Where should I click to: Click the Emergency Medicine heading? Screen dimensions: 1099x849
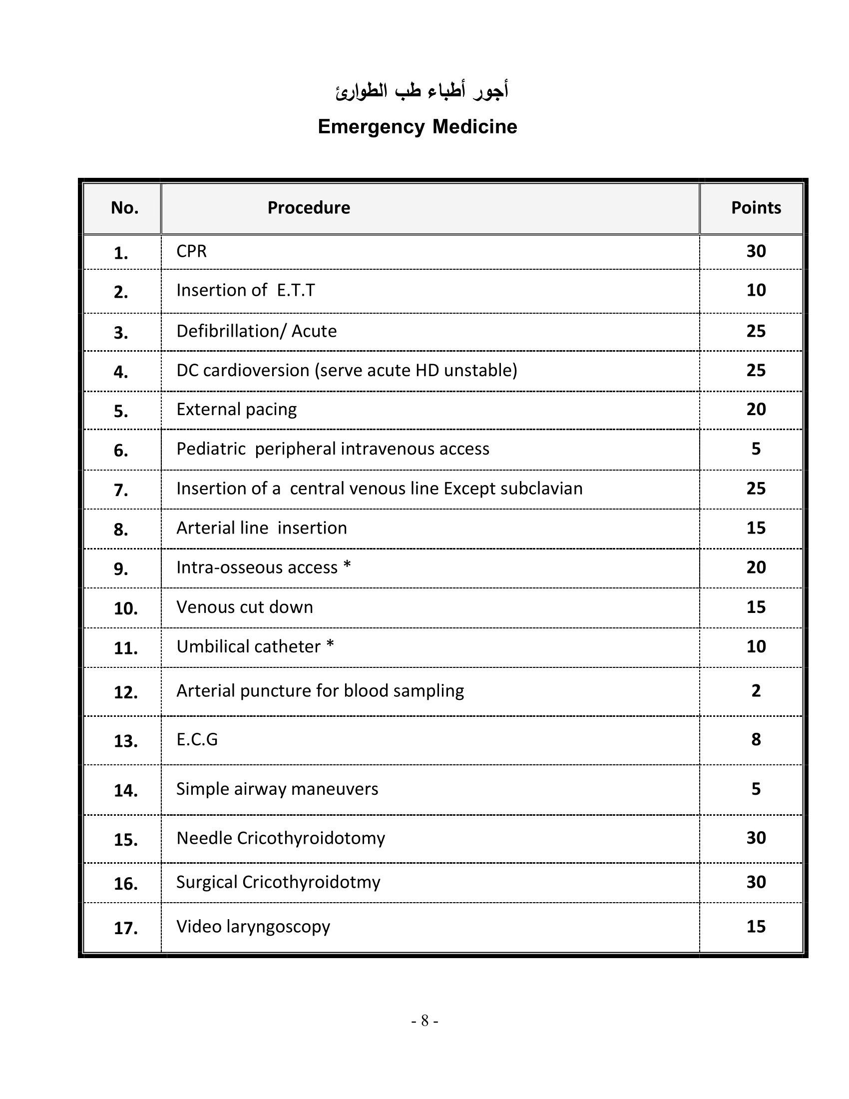point(417,127)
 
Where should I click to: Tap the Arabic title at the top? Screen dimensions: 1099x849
point(422,90)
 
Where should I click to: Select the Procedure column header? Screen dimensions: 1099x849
point(308,208)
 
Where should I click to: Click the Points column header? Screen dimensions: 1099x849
point(756,208)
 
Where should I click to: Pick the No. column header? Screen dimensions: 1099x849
point(124,208)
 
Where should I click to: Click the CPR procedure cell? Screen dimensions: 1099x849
point(191,251)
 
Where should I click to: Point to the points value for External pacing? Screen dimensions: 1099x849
point(756,409)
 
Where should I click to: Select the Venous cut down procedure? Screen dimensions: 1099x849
point(244,607)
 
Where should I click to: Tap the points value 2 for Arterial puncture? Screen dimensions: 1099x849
point(756,691)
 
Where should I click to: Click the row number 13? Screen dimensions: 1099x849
point(125,741)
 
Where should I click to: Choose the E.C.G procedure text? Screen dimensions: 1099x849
point(197,739)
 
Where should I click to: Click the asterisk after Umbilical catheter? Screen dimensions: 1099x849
point(330,644)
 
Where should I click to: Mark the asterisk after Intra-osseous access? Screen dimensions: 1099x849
point(347,565)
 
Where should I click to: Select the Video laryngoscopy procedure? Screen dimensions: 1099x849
point(253,926)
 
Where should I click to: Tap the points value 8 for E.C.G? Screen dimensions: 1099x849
point(756,739)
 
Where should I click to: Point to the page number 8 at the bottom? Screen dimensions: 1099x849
point(424,1021)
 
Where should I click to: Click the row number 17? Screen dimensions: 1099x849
point(125,928)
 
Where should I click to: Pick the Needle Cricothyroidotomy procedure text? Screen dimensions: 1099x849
point(280,838)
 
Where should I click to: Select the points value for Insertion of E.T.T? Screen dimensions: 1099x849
point(756,290)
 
